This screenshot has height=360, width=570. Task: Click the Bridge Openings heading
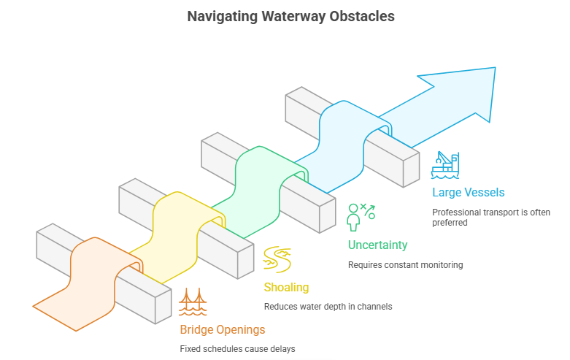[222, 330]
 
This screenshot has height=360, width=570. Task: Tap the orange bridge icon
[193, 301]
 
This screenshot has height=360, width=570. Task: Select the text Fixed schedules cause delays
[237, 349]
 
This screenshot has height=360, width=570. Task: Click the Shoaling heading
[287, 288]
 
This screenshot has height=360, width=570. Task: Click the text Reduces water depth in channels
[328, 307]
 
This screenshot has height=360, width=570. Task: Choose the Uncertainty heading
[377, 245]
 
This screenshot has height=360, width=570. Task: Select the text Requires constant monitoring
[405, 264]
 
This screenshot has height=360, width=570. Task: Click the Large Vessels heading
[468, 193]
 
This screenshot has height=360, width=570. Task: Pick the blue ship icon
[445, 164]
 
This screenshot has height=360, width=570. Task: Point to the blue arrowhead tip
[494, 69]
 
